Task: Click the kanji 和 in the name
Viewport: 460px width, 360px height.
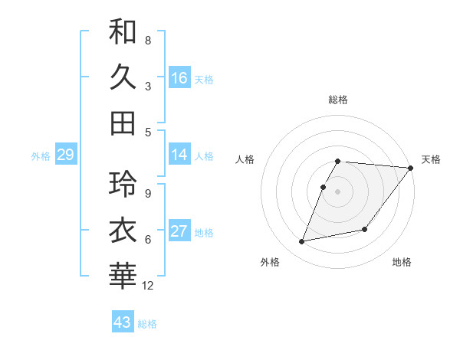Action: (x=123, y=31)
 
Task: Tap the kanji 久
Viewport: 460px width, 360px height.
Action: (x=123, y=77)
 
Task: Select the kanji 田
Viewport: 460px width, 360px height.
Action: (x=123, y=123)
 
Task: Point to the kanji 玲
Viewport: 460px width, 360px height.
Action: (x=123, y=185)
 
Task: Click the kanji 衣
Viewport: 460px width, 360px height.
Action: (x=123, y=231)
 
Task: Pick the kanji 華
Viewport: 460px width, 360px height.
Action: (x=123, y=277)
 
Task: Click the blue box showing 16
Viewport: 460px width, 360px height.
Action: (x=179, y=77)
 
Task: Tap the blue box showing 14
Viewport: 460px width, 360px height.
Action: (x=179, y=155)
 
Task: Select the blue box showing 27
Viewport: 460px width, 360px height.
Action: (x=179, y=232)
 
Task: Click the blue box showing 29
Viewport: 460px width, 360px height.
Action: (x=65, y=155)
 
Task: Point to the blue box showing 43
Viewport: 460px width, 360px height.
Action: (x=122, y=322)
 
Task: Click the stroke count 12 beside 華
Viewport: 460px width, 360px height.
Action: (x=148, y=286)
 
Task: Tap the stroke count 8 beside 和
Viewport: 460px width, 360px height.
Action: (x=147, y=40)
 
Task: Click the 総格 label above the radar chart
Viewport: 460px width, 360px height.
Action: (x=338, y=100)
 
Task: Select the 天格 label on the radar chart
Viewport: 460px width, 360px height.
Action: (x=431, y=159)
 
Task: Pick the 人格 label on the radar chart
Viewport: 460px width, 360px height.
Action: (x=245, y=159)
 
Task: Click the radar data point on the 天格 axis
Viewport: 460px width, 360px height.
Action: (x=411, y=169)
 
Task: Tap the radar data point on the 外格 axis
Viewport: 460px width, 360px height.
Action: (x=302, y=242)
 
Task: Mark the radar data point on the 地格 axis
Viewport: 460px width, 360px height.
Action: (x=366, y=229)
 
